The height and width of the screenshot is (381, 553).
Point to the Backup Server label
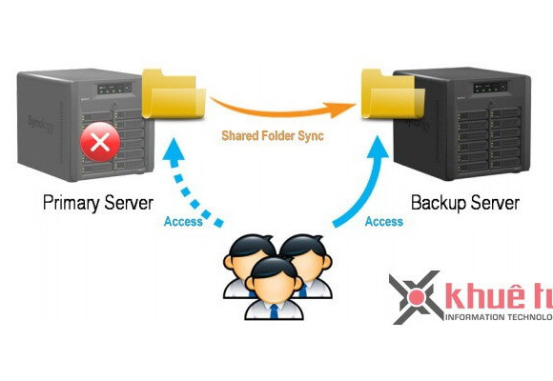[x=464, y=203]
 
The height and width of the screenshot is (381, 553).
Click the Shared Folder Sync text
[x=272, y=136]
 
